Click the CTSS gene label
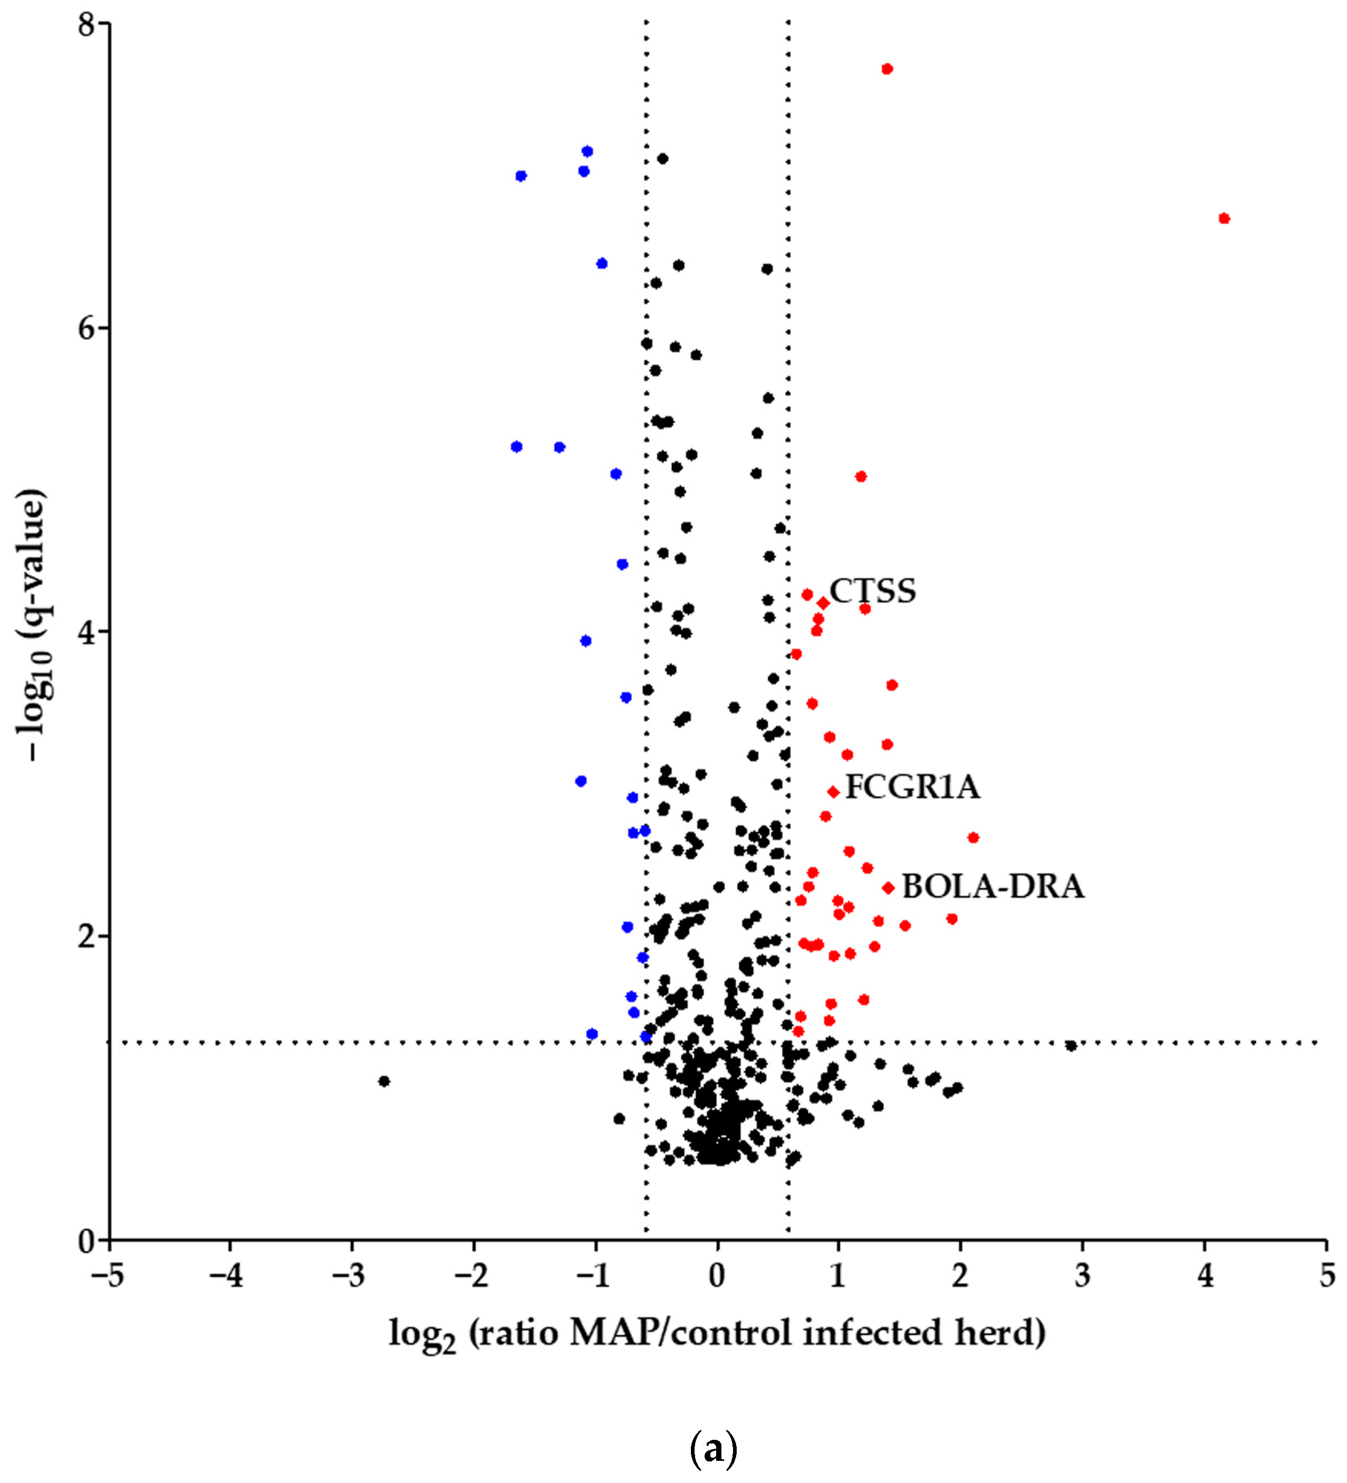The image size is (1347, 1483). click(x=873, y=591)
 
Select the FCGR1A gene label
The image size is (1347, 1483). click(x=912, y=787)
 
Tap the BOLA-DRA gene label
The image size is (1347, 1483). click(x=993, y=887)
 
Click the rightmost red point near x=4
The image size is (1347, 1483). click(x=1224, y=218)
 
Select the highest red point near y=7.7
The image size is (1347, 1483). click(x=887, y=69)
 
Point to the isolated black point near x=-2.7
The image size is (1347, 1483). click(x=383, y=1081)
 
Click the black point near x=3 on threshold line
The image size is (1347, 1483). click(x=1071, y=1046)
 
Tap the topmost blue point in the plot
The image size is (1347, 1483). click(x=587, y=152)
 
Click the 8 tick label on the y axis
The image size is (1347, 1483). click(x=87, y=25)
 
